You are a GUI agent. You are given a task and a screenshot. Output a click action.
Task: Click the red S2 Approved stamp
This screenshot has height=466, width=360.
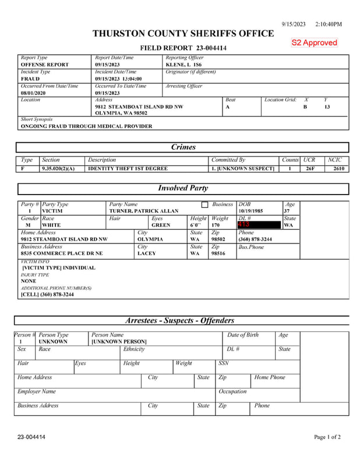pos(315,43)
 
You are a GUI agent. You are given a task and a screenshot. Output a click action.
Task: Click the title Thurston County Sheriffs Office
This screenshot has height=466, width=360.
pos(183,34)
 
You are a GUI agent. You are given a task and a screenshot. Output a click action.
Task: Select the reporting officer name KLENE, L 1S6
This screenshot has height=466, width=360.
pos(183,64)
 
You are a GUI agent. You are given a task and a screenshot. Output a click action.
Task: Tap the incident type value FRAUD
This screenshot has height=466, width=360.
pos(30,78)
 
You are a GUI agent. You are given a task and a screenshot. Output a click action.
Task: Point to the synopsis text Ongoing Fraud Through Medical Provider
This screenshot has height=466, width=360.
pos(86,126)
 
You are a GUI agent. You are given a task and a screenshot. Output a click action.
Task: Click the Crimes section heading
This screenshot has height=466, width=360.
pos(183,147)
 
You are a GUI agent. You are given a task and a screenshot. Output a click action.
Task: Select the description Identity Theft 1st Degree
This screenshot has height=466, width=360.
pos(128,168)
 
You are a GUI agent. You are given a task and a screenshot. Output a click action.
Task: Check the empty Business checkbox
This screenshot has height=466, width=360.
pos(204,205)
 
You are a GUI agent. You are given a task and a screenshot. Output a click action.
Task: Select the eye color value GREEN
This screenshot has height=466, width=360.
pos(161,225)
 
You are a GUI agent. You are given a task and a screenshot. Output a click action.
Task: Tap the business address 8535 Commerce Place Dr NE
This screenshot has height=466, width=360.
pos(62,253)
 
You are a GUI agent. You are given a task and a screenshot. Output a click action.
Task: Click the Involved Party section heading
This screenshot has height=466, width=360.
pos(183,188)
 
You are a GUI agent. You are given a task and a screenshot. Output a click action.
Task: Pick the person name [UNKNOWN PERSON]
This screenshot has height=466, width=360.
pos(119,341)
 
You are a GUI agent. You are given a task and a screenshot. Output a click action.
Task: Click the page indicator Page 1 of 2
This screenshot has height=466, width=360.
pos(327,437)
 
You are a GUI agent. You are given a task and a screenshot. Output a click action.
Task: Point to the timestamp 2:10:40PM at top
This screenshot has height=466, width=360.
pos(329,24)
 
